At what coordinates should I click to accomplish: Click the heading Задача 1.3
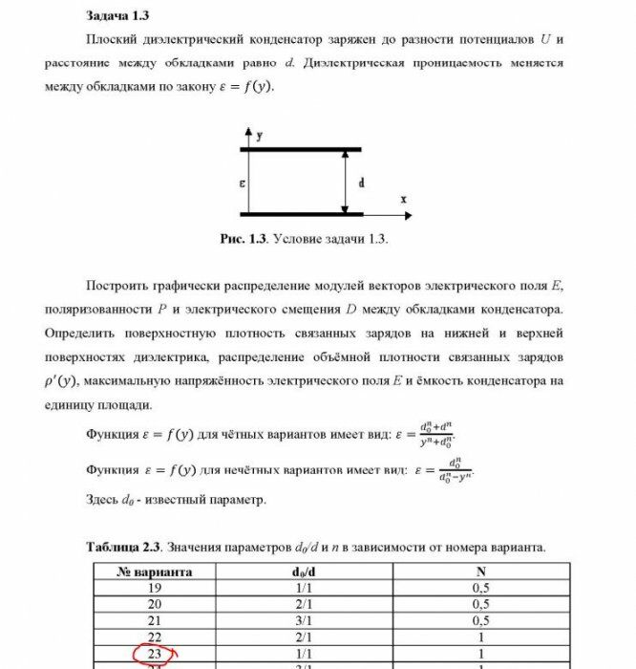click(x=117, y=16)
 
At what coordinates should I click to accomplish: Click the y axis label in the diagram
click(x=261, y=137)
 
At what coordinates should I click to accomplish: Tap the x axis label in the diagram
click(x=404, y=199)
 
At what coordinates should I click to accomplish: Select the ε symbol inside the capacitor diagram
click(x=242, y=182)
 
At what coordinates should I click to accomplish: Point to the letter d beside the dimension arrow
click(x=360, y=182)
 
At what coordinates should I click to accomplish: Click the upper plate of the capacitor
click(x=301, y=149)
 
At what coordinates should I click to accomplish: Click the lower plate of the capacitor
click(x=301, y=213)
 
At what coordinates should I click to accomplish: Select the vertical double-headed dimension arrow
click(x=345, y=182)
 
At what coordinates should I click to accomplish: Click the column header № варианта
click(x=155, y=572)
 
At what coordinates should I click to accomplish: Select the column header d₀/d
click(x=303, y=572)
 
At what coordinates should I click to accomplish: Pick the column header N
click(x=480, y=572)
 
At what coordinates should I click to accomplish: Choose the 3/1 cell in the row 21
click(x=303, y=621)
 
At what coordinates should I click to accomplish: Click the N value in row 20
click(x=480, y=605)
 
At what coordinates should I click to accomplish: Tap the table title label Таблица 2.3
click(x=124, y=547)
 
